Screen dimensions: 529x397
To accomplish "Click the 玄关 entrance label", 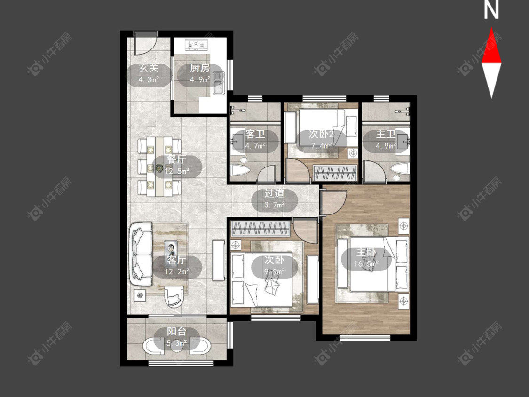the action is pos(149,69).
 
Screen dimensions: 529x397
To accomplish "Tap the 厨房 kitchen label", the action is pos(200,68).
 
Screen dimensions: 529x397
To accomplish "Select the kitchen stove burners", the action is pos(196,45).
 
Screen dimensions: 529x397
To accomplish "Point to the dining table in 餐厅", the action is pos(159,167).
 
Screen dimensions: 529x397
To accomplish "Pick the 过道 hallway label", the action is pos(274,193).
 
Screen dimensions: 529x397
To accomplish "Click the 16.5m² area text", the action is pos(366,264).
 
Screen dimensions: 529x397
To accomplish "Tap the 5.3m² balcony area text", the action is pos(177,344).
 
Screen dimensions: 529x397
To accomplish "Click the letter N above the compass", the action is pos(491,10).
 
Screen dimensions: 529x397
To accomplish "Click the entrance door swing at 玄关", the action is pos(146,44).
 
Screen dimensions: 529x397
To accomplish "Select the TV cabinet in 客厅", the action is pos(218,260).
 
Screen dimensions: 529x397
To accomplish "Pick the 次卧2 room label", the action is pos(322,135).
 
